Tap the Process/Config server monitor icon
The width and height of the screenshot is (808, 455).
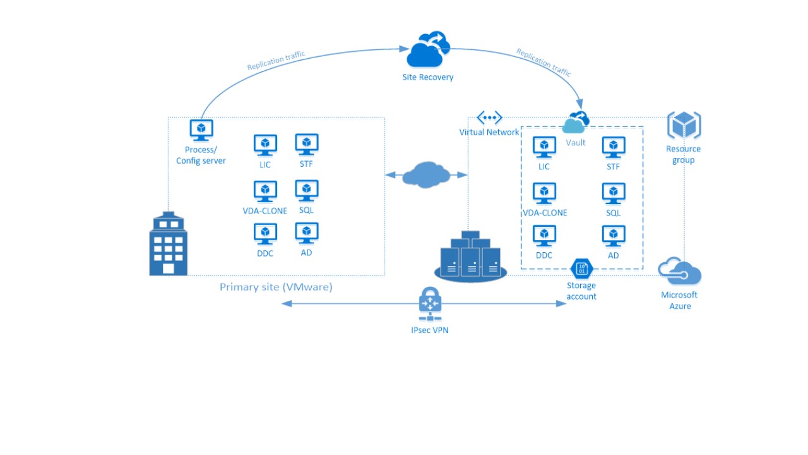pos(201,131)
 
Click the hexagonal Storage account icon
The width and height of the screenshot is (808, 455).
pos(581,269)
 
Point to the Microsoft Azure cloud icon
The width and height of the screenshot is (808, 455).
pos(680,272)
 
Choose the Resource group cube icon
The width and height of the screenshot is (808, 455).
pos(684,126)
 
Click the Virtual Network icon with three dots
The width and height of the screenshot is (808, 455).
pos(489,118)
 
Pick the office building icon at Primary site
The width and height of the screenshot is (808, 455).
pos(168,245)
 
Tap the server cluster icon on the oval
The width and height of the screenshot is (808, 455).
pos(471,257)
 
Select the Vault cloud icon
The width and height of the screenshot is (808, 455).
pos(576,123)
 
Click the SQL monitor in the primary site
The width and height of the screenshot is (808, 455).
pos(306,191)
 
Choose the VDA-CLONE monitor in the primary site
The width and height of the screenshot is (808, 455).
pos(265,191)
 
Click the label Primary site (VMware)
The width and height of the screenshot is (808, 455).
pos(276,287)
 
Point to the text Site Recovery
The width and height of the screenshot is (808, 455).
pos(428,78)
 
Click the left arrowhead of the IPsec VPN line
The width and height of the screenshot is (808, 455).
pos(285,303)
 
